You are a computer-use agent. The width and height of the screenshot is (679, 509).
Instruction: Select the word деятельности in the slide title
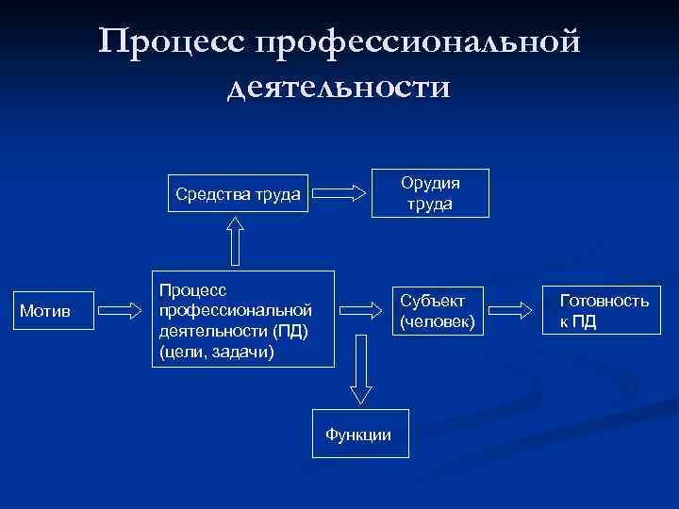[339, 88]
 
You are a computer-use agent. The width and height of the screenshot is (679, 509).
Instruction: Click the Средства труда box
[238, 196]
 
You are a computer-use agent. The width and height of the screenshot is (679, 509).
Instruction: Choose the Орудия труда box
[430, 192]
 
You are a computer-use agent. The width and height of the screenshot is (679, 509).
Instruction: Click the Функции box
[357, 435]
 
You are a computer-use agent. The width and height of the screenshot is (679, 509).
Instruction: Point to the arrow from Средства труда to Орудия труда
[339, 194]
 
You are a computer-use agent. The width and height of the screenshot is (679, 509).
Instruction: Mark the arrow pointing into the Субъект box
[363, 308]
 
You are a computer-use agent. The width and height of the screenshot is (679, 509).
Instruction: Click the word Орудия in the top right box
[430, 182]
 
